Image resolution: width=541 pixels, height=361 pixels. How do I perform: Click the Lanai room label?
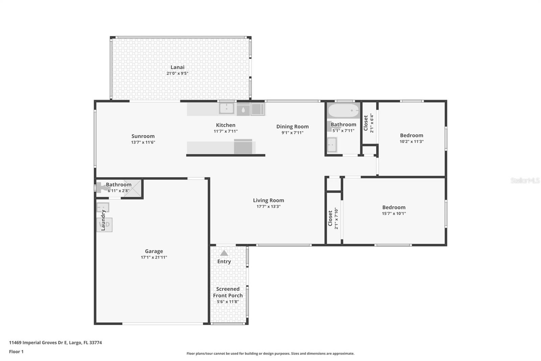[177, 67]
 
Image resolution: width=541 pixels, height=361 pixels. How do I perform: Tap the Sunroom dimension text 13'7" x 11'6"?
[143, 142]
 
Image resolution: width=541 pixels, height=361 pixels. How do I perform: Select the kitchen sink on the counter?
[226, 109]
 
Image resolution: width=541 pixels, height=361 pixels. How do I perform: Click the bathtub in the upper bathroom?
[343, 110]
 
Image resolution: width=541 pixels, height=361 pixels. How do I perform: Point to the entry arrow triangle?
[224, 253]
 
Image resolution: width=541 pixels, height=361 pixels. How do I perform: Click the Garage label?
[154, 251]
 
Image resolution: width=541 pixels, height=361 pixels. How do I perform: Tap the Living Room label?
[268, 200]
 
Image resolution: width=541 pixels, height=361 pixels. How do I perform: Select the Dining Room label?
[292, 126]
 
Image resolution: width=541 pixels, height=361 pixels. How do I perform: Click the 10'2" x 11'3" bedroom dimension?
[411, 142]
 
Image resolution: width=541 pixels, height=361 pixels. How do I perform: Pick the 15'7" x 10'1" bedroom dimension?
[394, 213]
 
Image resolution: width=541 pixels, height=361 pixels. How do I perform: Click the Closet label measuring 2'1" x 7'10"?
[330, 218]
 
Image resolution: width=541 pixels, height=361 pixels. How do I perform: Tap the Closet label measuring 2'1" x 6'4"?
[366, 123]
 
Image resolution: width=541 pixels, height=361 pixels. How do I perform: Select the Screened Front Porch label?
[228, 292]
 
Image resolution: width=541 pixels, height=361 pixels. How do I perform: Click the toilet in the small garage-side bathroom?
[101, 187]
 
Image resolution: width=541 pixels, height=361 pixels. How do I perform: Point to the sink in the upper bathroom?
[332, 145]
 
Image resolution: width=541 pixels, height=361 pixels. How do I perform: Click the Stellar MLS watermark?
[525, 180]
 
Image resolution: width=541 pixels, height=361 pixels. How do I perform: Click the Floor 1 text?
[16, 352]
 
